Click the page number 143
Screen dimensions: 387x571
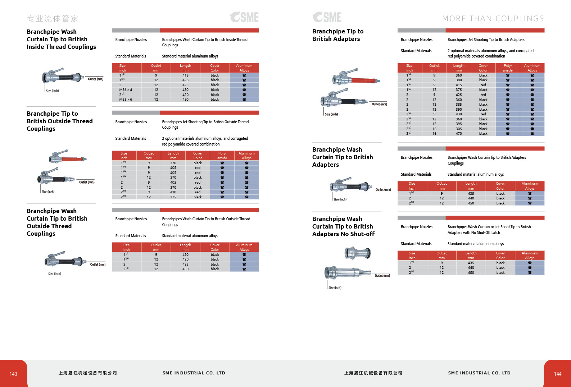tap(13, 374)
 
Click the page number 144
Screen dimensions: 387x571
tap(558, 374)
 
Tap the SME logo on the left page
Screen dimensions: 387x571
tap(244, 17)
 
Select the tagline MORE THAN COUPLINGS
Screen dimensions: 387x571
tap(493, 19)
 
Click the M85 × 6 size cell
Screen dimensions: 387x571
tap(126, 100)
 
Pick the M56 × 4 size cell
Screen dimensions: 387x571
tap(126, 90)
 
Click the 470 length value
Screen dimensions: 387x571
tap(459, 134)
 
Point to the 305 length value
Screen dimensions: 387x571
tap(459, 129)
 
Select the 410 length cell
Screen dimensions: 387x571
tap(173, 192)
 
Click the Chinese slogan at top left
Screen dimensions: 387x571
tap(53, 19)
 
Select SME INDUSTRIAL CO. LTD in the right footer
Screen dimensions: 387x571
tap(479, 373)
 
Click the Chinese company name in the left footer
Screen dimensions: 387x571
tap(88, 373)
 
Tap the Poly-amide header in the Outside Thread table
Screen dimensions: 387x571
tap(222, 156)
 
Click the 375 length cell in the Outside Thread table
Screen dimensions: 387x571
tap(173, 197)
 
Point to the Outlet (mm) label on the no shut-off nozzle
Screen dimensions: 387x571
tap(382, 276)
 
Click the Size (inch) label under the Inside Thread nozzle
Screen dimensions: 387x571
tap(52, 91)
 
